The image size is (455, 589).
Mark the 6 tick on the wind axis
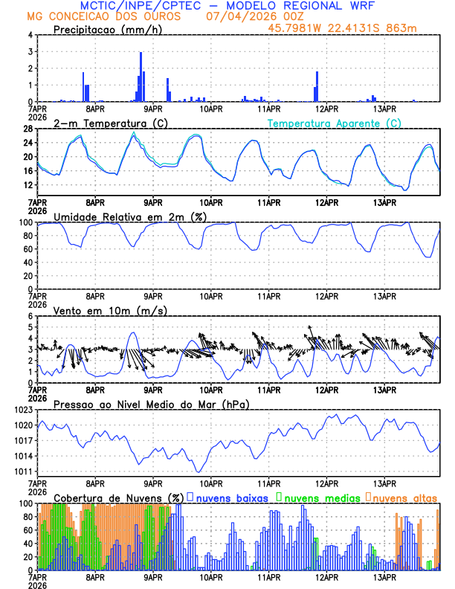pyautogui.click(x=32, y=316)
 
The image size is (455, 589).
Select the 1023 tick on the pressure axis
pyautogui.click(x=25, y=410)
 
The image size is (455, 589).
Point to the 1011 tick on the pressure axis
pyautogui.click(x=25, y=471)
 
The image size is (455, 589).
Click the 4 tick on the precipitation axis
pyautogui.click(x=32, y=35)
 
